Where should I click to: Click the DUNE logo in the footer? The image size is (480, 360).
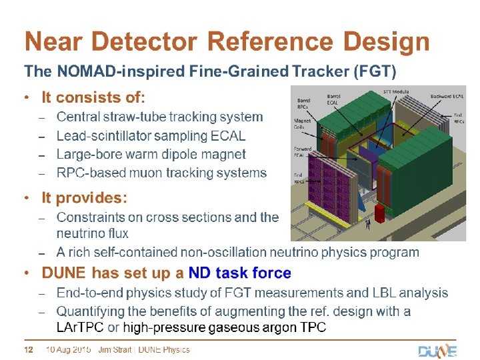click(x=437, y=351)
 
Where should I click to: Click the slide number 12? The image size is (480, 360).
click(x=29, y=350)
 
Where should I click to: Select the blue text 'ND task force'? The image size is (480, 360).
click(x=240, y=273)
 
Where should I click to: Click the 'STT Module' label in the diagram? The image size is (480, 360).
click(x=397, y=91)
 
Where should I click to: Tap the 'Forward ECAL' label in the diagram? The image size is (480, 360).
click(x=303, y=152)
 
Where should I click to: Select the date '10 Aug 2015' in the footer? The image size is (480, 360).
click(x=68, y=350)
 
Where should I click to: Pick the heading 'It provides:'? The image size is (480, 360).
click(x=84, y=198)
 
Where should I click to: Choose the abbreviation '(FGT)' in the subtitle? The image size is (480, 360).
click(x=376, y=70)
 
